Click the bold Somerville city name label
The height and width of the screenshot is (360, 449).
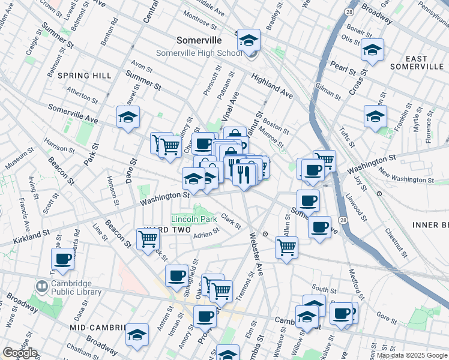[199, 40]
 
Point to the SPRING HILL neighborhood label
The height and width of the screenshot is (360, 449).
[84, 75]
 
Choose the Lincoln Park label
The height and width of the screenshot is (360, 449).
[193, 219]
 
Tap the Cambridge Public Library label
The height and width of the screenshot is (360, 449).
[76, 288]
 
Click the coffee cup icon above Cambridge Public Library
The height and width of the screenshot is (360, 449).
[63, 260]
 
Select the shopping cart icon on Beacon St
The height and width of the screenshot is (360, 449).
[148, 239]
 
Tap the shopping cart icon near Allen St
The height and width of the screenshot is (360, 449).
[287, 246]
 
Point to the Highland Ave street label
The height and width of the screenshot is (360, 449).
[272, 87]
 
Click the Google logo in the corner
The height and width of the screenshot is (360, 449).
[20, 353]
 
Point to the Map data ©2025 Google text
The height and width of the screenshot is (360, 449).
[412, 355]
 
